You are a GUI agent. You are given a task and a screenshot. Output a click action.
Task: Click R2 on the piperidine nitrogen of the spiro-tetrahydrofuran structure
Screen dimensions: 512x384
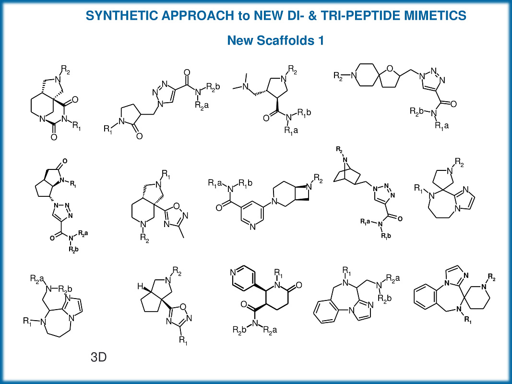[x=339, y=76]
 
